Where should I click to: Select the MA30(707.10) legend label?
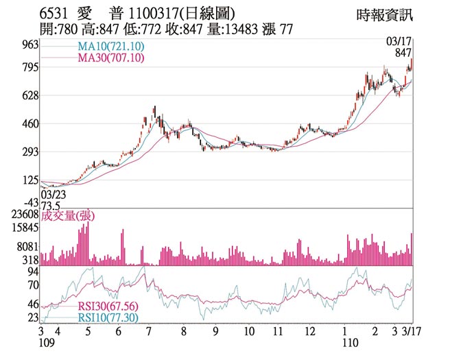(x=110, y=58)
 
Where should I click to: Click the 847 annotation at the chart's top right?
(x=403, y=53)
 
